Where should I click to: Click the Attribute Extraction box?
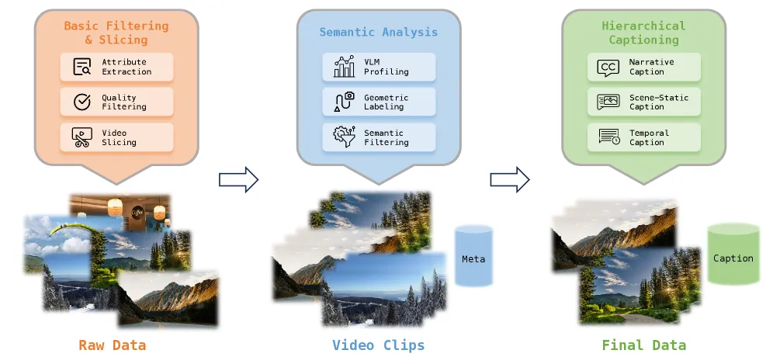point(116,67)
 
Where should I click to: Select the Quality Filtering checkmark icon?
point(81,102)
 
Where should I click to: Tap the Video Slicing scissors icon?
point(81,137)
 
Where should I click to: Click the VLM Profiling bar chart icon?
point(344,67)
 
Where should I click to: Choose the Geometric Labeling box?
point(379,102)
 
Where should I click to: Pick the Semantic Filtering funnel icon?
point(344,137)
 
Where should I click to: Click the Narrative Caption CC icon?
point(608,68)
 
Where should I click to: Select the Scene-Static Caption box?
point(644,102)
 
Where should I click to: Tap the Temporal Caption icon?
point(608,137)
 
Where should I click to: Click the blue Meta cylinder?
point(473,256)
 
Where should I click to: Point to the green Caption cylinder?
point(733,255)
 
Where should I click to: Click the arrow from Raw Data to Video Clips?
point(238,179)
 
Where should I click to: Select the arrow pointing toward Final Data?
point(510,179)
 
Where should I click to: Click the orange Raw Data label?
point(113,345)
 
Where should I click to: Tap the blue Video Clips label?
point(379,345)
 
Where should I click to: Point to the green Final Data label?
point(644,345)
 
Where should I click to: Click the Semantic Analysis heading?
point(379,33)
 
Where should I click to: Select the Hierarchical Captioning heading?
point(644,33)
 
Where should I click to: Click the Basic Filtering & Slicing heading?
point(116,33)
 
